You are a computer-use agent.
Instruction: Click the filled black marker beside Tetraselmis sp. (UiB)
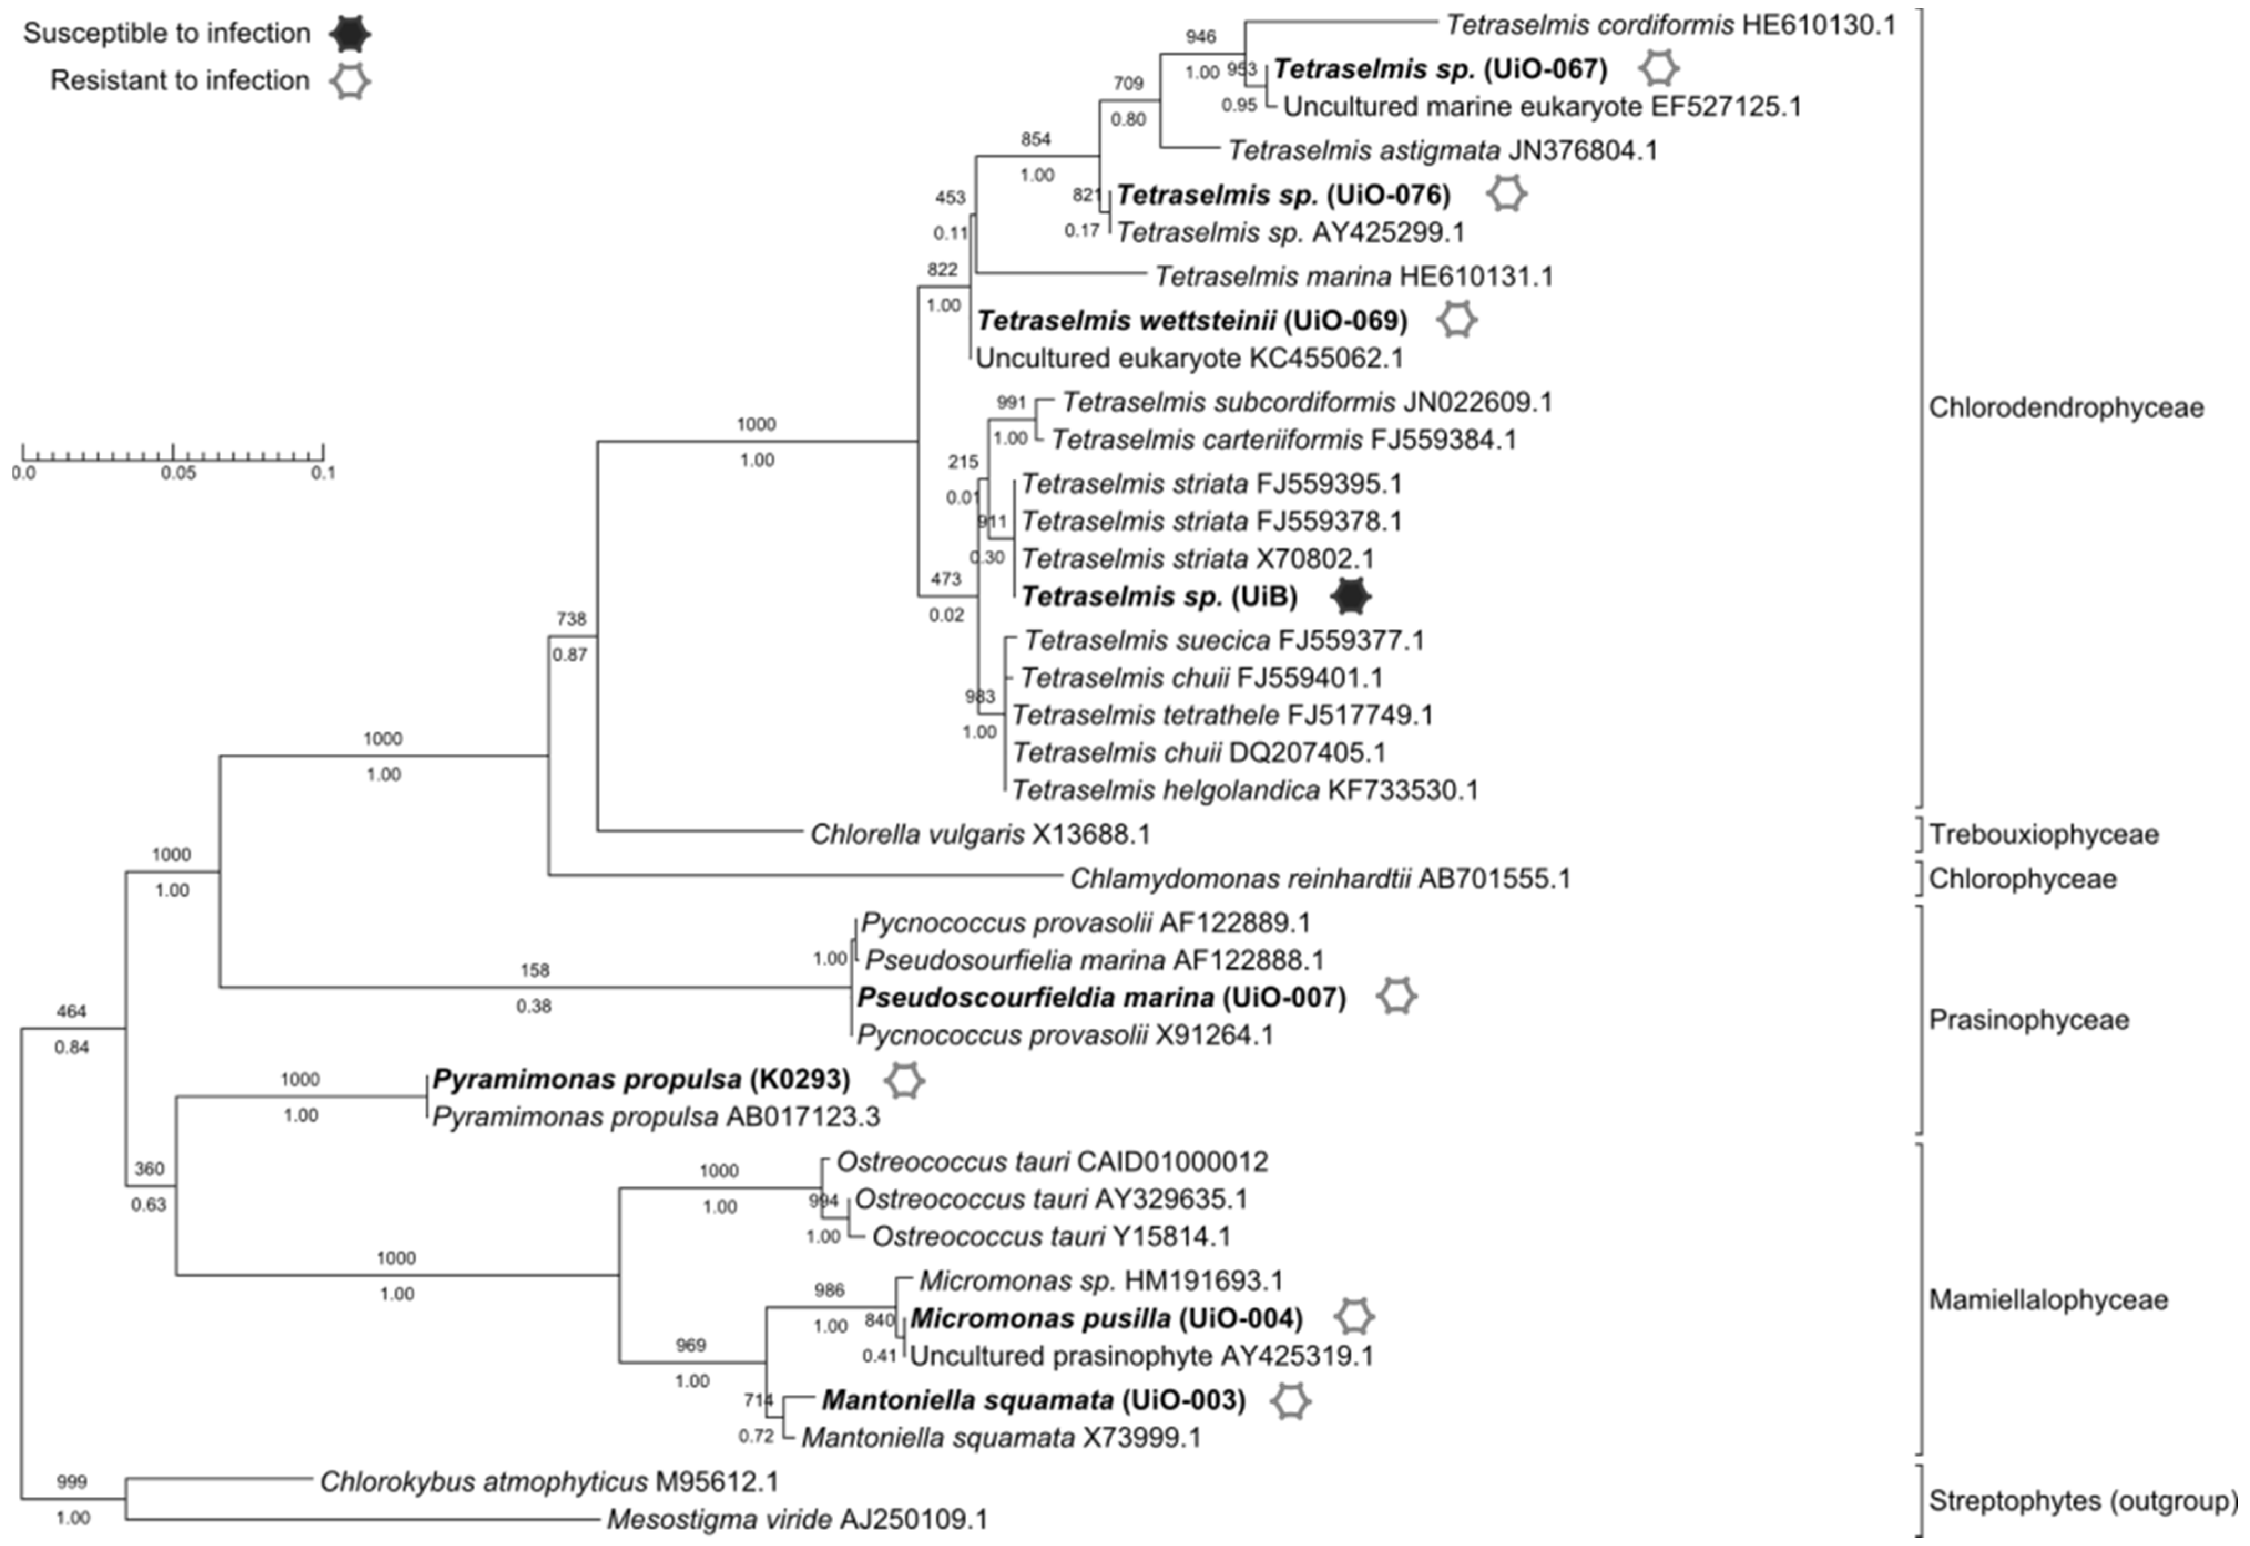[1350, 596]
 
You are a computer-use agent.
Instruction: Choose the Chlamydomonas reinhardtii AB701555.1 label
[1319, 879]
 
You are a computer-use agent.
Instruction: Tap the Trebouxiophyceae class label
[2043, 834]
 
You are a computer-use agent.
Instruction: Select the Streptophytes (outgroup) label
[2083, 1501]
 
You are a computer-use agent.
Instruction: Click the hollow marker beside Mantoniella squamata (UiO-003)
[1289, 1401]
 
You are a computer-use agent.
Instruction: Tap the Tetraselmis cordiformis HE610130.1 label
[1670, 25]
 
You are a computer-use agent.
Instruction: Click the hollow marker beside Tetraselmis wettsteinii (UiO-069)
[1456, 320]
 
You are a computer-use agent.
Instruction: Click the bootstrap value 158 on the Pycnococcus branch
[535, 970]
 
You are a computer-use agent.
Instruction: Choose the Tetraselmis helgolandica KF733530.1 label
[1244, 790]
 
